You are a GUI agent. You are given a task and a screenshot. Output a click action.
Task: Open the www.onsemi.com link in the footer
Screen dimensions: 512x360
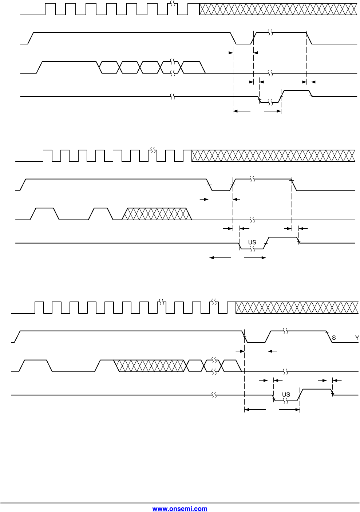click(180, 509)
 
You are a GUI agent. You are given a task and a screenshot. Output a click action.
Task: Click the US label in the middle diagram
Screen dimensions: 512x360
click(252, 242)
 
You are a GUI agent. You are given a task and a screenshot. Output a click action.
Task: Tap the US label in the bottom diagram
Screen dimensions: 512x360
click(286, 394)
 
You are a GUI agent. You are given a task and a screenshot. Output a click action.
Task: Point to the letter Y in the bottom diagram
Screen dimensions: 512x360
click(357, 338)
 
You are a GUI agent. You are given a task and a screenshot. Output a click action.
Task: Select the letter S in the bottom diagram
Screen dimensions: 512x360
click(334, 338)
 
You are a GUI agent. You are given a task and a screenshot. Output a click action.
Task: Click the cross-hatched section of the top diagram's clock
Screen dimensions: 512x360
click(278, 9)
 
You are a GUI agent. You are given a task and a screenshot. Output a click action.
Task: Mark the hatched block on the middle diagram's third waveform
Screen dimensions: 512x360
click(157, 214)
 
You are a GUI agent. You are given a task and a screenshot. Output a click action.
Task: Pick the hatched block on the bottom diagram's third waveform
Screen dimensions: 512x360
click(149, 366)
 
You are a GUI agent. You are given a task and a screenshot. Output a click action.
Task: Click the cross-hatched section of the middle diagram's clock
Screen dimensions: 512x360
click(273, 156)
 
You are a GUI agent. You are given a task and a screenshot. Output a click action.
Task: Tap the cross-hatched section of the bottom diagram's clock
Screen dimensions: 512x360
click(297, 308)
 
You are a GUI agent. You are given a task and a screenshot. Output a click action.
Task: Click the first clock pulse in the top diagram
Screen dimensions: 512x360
click(50, 9)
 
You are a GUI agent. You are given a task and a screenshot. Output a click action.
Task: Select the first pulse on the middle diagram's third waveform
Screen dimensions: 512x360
click(44, 214)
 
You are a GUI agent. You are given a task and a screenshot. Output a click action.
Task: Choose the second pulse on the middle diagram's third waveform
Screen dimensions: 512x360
click(100, 214)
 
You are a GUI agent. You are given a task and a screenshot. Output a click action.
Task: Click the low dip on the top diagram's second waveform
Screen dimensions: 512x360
click(243, 41)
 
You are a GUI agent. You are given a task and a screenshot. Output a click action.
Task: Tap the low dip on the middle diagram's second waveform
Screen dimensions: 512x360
click(221, 188)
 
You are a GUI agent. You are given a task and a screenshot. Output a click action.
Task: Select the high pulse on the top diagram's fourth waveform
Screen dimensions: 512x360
click(296, 93)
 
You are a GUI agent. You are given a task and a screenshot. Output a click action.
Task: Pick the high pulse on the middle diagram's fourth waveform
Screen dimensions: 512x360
click(282, 240)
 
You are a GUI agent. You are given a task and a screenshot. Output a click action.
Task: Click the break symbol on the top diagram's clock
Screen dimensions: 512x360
click(173, 4)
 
